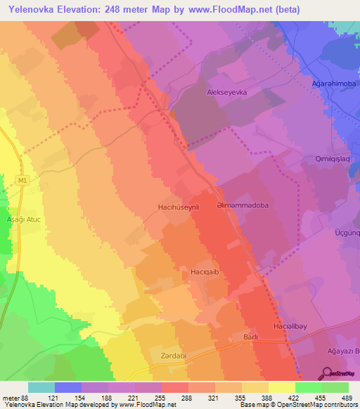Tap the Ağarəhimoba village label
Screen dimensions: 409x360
330,83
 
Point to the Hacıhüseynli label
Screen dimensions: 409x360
179,207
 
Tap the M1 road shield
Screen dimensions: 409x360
22,181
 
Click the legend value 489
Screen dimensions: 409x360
347,397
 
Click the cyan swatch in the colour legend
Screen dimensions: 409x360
41,387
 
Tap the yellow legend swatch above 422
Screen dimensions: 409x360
281,387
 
